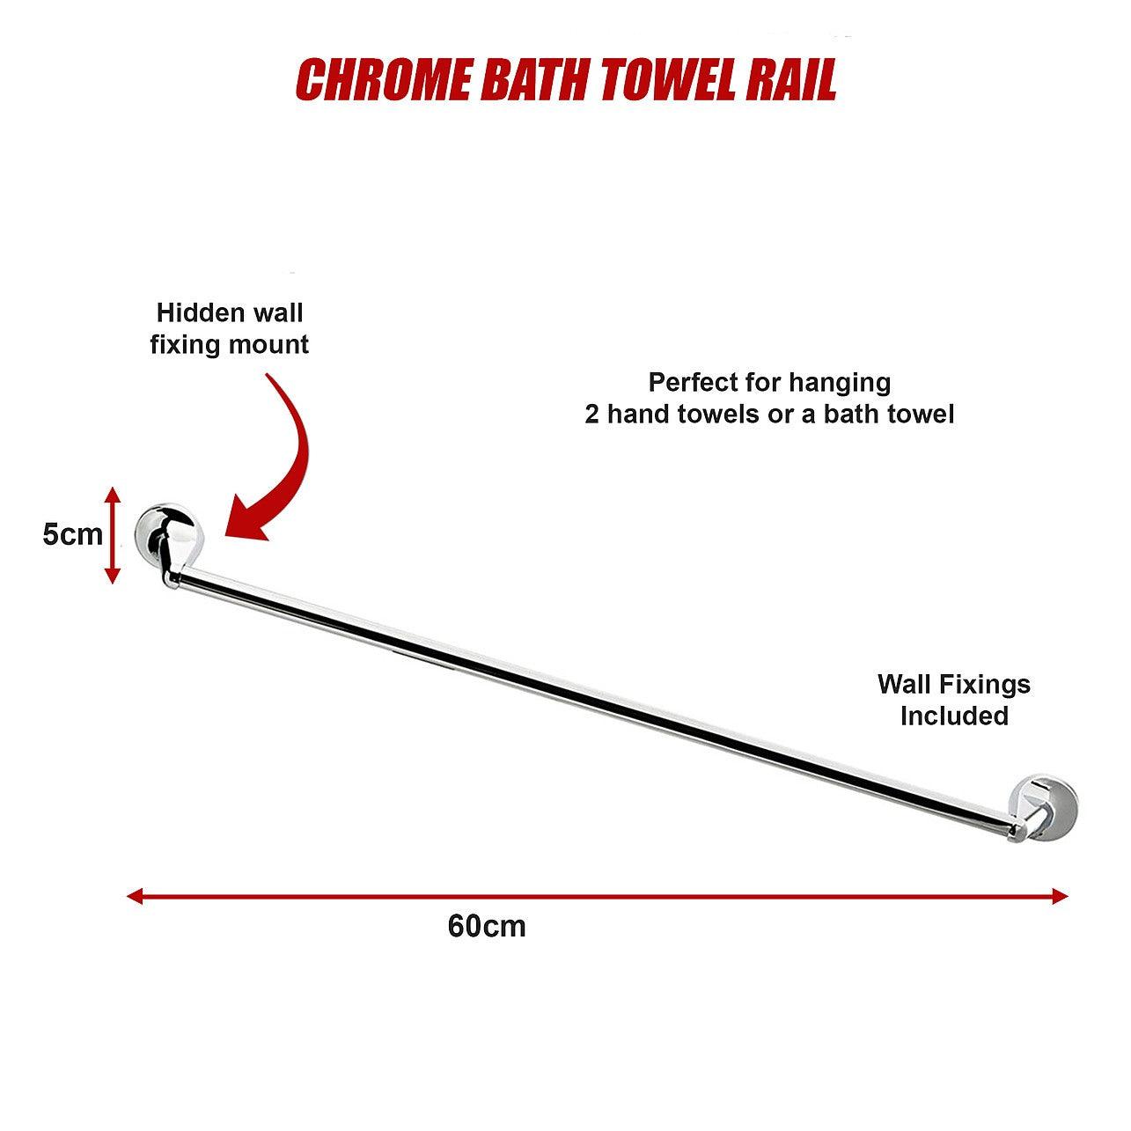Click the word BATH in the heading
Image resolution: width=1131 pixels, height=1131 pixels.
pyautogui.click(x=536, y=80)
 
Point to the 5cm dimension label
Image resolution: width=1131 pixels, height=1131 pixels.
pyautogui.click(x=72, y=534)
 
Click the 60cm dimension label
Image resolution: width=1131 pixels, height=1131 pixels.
pyautogui.click(x=487, y=926)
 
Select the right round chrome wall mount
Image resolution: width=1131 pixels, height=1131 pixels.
pyautogui.click(x=1043, y=808)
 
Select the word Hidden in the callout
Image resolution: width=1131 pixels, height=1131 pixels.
pyautogui.click(x=197, y=312)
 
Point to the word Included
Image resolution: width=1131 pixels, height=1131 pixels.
pyautogui.click(x=954, y=716)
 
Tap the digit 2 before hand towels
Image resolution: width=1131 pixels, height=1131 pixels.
pyautogui.click(x=591, y=415)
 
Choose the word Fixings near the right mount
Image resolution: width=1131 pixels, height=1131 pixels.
pyautogui.click(x=984, y=684)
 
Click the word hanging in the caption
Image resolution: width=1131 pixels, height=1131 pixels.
pyautogui.click(x=840, y=384)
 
